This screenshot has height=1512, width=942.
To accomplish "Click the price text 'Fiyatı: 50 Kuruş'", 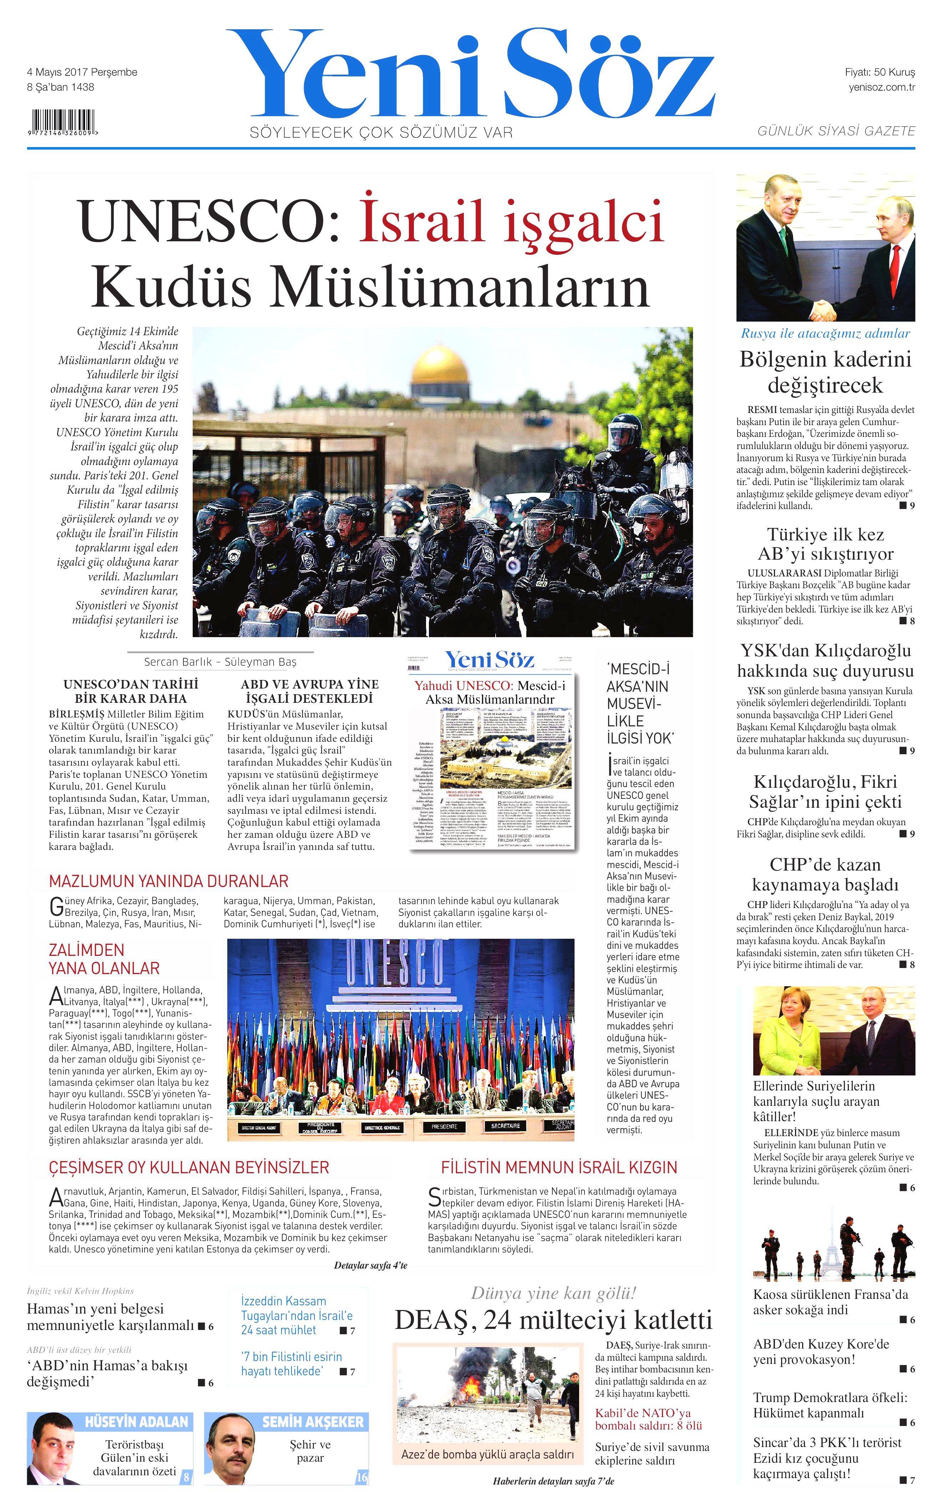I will [x=879, y=72].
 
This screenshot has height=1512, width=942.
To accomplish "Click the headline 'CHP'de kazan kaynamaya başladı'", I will [x=825, y=875].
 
